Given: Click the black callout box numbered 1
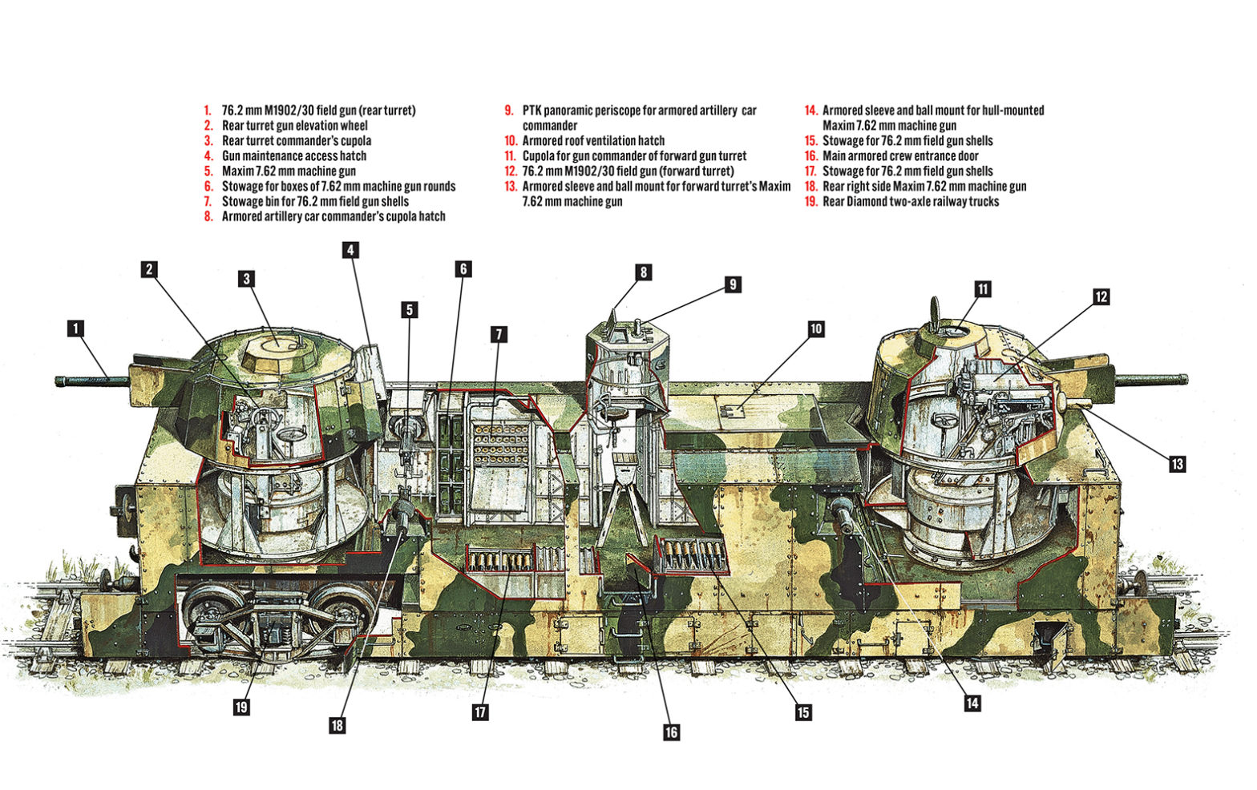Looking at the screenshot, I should pyautogui.click(x=75, y=328).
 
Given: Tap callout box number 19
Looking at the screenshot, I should pyautogui.click(x=241, y=707).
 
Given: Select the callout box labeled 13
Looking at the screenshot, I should pyautogui.click(x=1177, y=464).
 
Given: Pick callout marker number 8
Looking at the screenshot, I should pyautogui.click(x=643, y=272).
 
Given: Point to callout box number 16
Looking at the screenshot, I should pyautogui.click(x=671, y=732).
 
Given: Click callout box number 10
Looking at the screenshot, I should pyautogui.click(x=815, y=328).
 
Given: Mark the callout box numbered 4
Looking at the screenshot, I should pyautogui.click(x=350, y=250).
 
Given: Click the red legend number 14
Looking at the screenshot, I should pyautogui.click(x=810, y=111).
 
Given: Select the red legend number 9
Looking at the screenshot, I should pyautogui.click(x=509, y=111).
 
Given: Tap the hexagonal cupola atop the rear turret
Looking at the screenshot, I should pyautogui.click(x=277, y=345).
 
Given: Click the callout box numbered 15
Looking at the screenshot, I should pyautogui.click(x=802, y=712).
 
